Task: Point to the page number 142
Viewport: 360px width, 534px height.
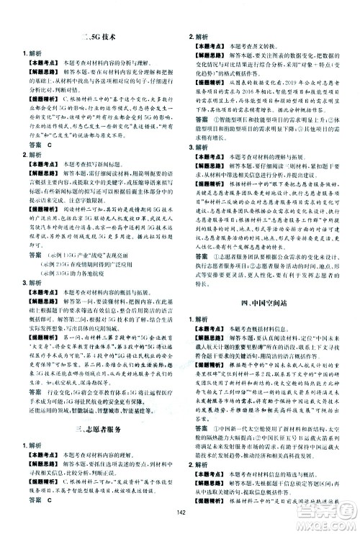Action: [179, 523]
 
